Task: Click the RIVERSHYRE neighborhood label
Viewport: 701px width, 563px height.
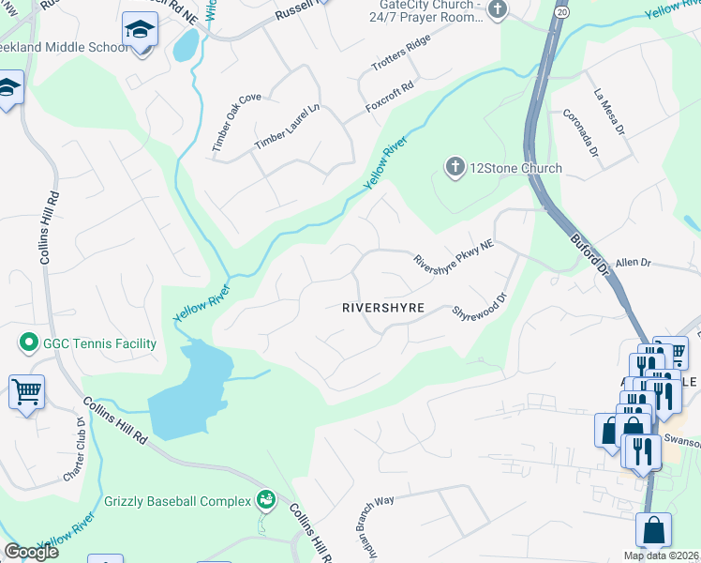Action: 383,308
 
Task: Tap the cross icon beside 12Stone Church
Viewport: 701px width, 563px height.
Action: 455,168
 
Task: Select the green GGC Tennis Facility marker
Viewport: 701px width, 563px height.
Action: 28,343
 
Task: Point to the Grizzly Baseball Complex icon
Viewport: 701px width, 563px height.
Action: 266,500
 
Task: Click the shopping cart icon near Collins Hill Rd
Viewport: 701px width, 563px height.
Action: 26,391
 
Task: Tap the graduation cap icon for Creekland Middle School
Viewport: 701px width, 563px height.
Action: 140,31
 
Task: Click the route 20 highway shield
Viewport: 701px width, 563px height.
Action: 560,11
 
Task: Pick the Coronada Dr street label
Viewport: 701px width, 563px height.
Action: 580,133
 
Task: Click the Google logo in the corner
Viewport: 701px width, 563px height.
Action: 31,552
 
